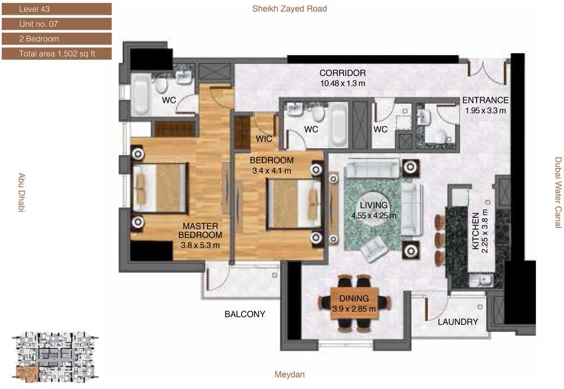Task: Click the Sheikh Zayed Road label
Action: [x=289, y=8]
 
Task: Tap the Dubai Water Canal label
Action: [x=558, y=192]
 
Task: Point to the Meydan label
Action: [x=289, y=374]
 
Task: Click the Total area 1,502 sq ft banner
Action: [x=57, y=54]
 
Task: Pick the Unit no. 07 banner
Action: [x=57, y=24]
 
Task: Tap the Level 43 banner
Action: [x=57, y=9]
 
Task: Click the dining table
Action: [x=354, y=303]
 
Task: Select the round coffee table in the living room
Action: [x=374, y=210]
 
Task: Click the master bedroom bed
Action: [x=160, y=188]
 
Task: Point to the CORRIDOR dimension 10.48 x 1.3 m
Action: [x=342, y=83]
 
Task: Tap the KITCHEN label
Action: [x=475, y=231]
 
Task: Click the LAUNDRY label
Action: [x=458, y=322]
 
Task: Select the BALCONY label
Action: [x=245, y=314]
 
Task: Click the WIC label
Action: [x=264, y=139]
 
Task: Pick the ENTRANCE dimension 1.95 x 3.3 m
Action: [x=486, y=110]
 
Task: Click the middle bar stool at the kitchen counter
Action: [x=440, y=240]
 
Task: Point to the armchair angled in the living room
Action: [x=374, y=248]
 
